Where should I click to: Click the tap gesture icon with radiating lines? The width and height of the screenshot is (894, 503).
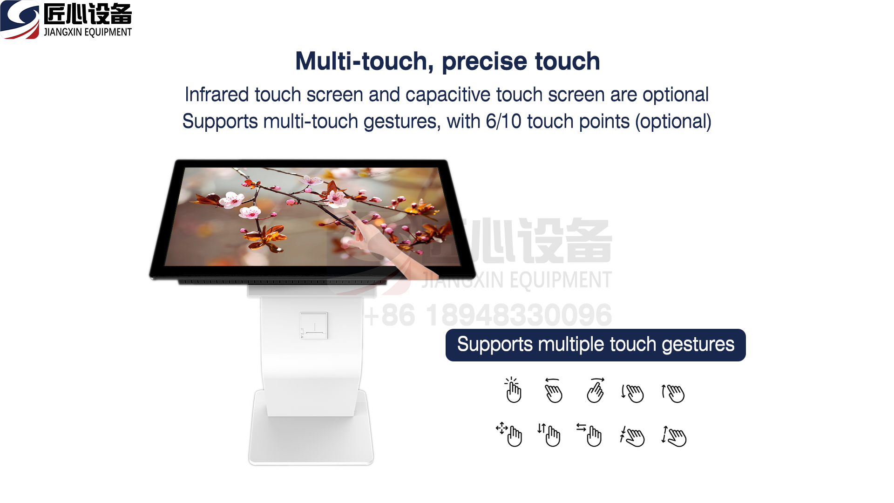point(513,390)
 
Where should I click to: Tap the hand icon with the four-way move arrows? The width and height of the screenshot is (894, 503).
point(509,434)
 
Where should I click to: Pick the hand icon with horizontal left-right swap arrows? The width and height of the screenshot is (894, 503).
point(589,435)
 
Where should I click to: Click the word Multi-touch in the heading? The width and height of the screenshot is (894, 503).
point(361,61)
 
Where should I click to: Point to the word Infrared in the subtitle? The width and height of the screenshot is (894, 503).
point(217,95)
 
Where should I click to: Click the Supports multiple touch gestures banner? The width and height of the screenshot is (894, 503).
point(596,345)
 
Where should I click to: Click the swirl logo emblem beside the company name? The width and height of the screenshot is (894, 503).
point(20,20)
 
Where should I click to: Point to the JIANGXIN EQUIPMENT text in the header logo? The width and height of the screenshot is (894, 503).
point(88,32)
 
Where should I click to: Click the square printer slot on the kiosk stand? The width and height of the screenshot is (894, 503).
point(313,326)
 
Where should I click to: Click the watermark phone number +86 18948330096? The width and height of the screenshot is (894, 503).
point(488,315)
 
